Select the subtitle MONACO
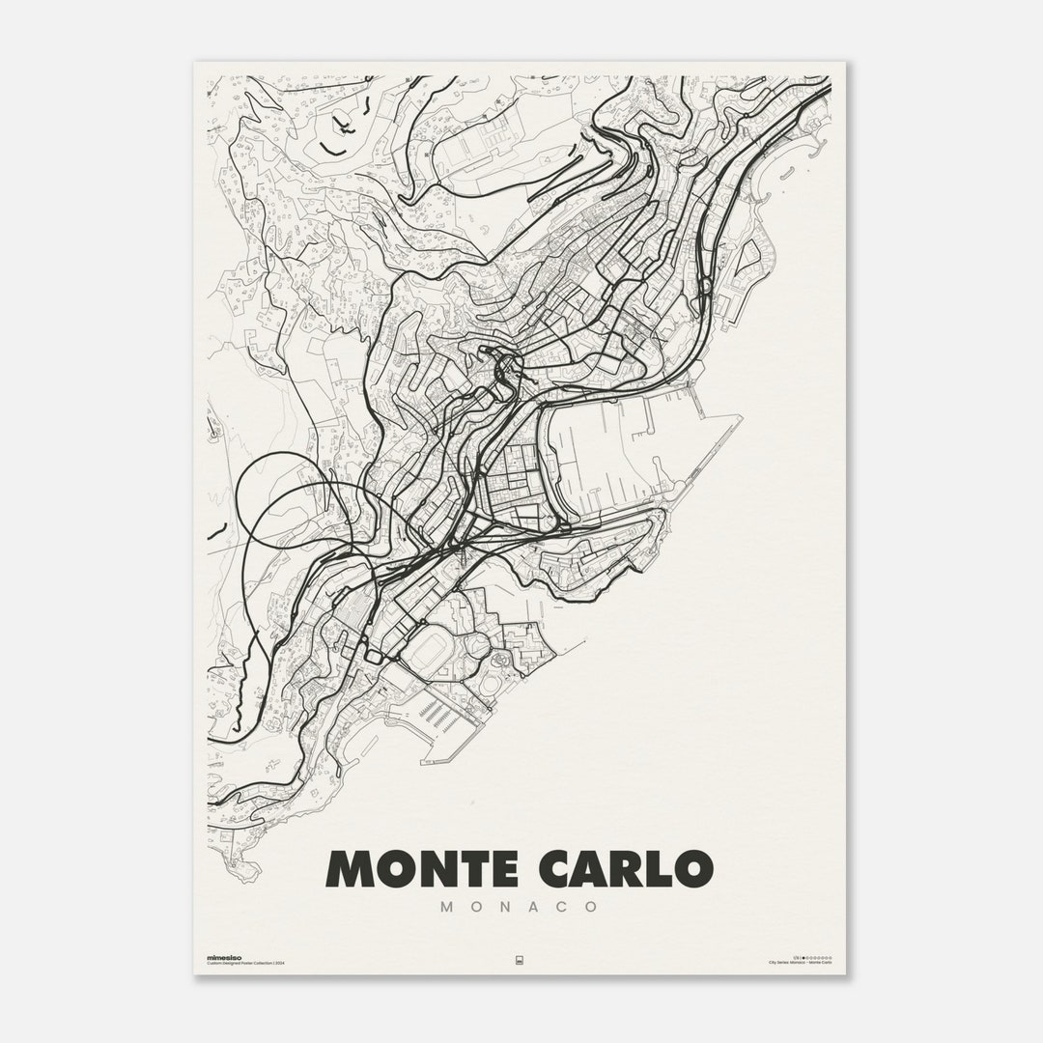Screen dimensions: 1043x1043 [520, 908]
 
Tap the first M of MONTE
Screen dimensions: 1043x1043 [352, 868]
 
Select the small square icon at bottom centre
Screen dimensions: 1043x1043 [520, 960]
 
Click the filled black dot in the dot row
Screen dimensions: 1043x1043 [803, 957]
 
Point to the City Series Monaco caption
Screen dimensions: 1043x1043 [800, 963]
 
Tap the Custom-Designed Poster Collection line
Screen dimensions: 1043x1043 [246, 963]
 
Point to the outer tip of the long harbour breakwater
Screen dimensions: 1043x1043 [740, 417]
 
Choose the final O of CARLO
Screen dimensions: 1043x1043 [693, 868]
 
